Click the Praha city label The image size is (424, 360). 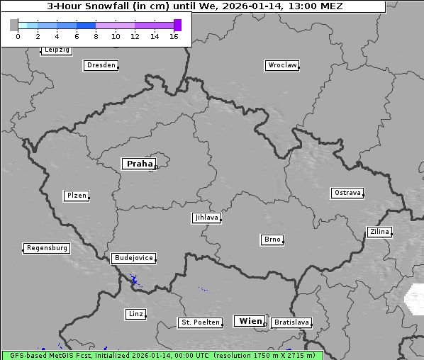[x=140, y=164]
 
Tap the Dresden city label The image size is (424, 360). [x=101, y=65]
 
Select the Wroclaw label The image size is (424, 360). [x=281, y=65]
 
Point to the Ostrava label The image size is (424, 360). [x=347, y=193]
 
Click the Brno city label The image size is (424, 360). [x=272, y=240]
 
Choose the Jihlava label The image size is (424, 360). [x=206, y=218]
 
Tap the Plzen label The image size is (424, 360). [x=76, y=196]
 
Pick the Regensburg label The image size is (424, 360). [x=47, y=248]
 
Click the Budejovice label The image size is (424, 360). [x=133, y=258]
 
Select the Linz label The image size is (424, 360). [x=135, y=313]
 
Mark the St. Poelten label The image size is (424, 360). [x=200, y=322]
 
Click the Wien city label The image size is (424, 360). [x=250, y=321]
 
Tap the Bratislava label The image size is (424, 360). [x=291, y=322]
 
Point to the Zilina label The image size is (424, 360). [x=379, y=232]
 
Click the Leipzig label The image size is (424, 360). [x=56, y=50]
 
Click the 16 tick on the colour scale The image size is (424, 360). [x=174, y=36]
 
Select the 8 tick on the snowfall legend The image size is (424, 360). [x=96, y=36]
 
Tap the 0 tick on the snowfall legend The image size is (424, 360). [x=18, y=36]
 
